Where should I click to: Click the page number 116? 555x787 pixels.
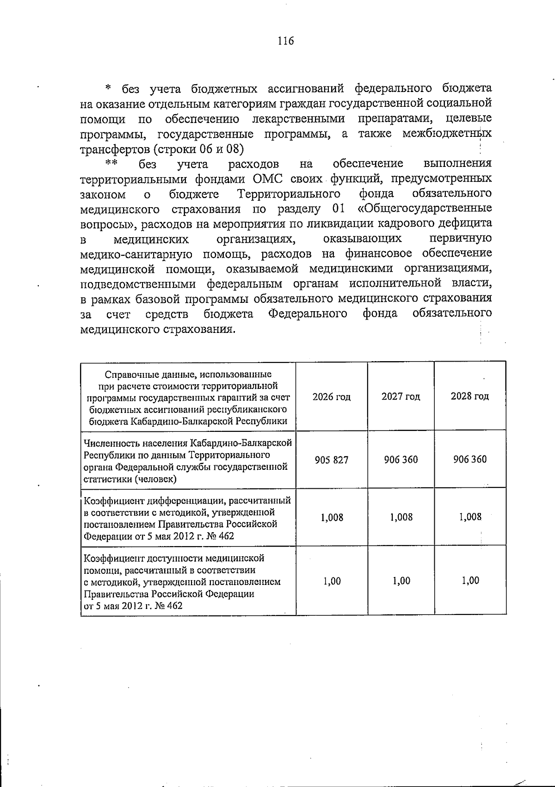285,41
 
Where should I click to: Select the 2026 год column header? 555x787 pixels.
332,397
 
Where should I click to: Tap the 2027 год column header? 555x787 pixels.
401,396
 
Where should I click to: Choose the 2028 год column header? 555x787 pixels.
469,396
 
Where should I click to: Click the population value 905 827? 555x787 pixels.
332,460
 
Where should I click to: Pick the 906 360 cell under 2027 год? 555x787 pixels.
401,459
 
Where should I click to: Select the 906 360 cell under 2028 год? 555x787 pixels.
469,459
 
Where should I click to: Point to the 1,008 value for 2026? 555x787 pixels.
332,517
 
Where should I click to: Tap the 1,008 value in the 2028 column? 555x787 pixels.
470,517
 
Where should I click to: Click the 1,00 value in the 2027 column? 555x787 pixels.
401,581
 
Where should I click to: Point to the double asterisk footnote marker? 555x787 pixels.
111,163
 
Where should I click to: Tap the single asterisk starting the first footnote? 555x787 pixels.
108,88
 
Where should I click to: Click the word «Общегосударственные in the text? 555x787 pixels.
425,208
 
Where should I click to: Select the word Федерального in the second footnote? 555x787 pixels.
308,314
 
